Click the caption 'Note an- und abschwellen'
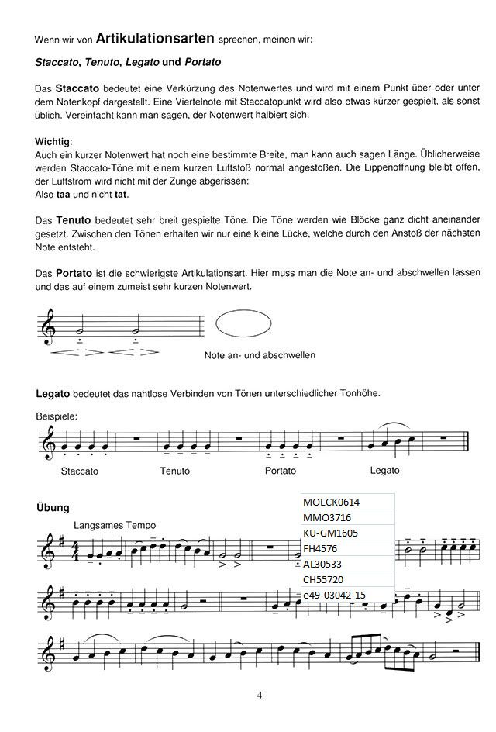(x=260, y=355)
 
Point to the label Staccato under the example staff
(x=80, y=471)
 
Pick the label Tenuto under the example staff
(x=174, y=471)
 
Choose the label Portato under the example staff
(x=280, y=471)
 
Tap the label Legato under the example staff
(x=385, y=470)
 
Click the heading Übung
(x=53, y=507)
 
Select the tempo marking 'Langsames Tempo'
(x=115, y=525)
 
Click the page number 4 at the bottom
(x=260, y=695)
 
